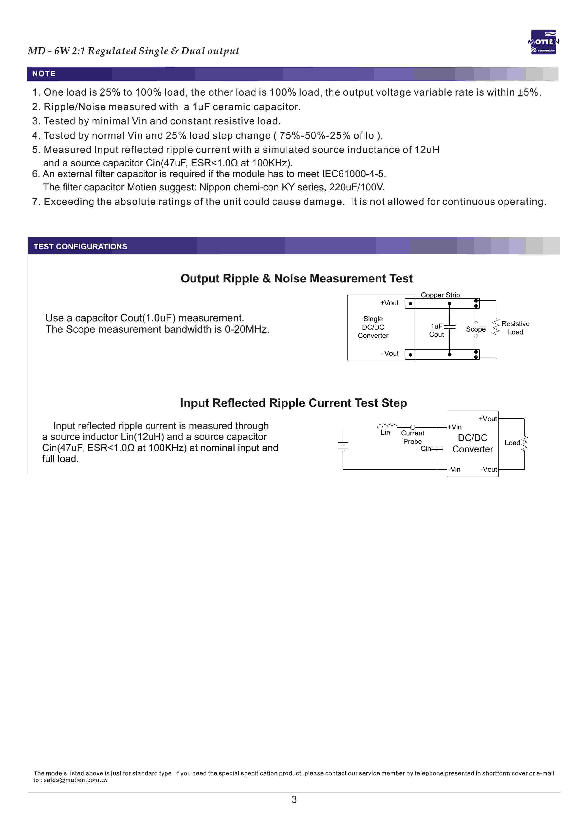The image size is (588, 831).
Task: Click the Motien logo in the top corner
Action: [x=543, y=42]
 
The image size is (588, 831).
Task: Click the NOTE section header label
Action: [x=44, y=74]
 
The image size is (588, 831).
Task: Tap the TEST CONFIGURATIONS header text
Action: [x=80, y=246]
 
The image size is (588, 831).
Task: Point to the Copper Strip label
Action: [x=440, y=295]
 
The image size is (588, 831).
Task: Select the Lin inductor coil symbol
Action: [x=387, y=426]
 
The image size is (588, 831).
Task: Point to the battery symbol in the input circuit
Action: [x=343, y=446]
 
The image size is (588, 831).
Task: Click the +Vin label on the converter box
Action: [x=455, y=427]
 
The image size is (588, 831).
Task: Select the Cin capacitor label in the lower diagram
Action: [x=426, y=448]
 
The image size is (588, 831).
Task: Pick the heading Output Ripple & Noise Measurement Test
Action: [x=296, y=278]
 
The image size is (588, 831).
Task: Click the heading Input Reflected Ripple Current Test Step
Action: [x=293, y=403]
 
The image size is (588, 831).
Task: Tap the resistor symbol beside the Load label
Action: [x=524, y=443]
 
